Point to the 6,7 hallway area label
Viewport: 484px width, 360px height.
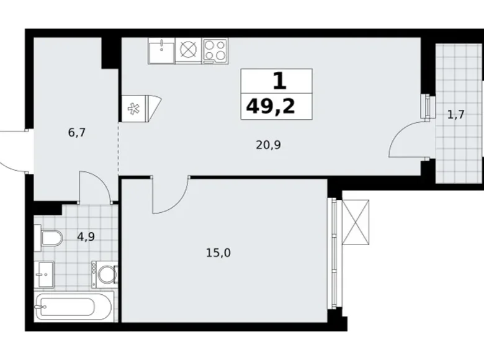pos(77,132)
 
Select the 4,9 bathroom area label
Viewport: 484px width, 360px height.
pos(86,236)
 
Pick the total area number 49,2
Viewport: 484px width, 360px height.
pos(271,107)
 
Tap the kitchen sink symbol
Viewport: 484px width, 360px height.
pos(161,50)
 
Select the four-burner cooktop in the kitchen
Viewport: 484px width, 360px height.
pos(215,50)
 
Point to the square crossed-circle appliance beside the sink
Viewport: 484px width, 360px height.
pos(187,50)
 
